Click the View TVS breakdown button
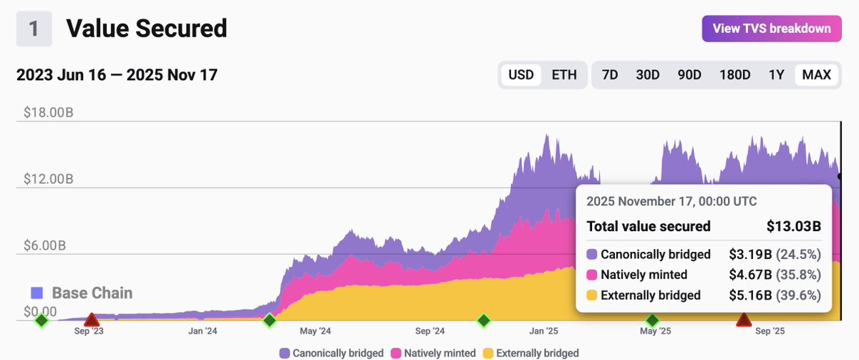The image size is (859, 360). click(772, 29)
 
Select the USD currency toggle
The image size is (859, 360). click(520, 75)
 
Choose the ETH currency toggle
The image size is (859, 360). click(564, 75)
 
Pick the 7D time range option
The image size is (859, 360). click(610, 75)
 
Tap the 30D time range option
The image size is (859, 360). click(648, 75)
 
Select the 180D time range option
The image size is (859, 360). click(734, 75)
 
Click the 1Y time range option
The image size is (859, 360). click(776, 75)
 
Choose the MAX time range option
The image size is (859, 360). click(817, 75)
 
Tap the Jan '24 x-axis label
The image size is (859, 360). click(203, 331)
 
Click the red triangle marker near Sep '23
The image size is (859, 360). click(91, 319)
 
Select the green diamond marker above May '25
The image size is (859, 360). click(652, 320)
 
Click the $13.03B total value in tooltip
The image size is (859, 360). click(793, 227)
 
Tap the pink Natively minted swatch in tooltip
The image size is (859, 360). click(591, 275)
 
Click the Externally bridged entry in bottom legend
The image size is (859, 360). click(530, 353)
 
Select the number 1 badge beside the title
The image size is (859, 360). click(34, 29)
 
